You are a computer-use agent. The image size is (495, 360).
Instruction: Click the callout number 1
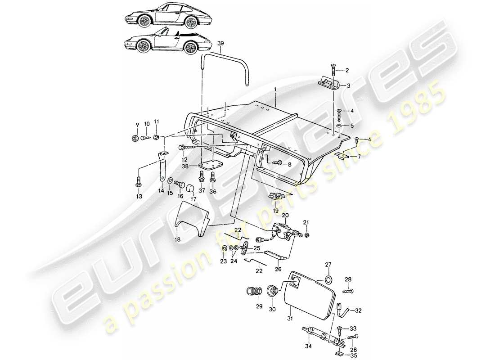pos(275,90)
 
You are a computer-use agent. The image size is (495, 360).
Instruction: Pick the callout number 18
pos(178,240)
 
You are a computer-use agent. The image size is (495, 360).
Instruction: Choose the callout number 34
pos(308,346)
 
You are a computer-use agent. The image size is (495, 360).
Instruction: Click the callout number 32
pos(358,310)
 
